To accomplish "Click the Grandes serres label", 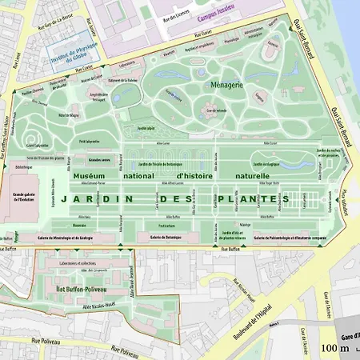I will [99, 160].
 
